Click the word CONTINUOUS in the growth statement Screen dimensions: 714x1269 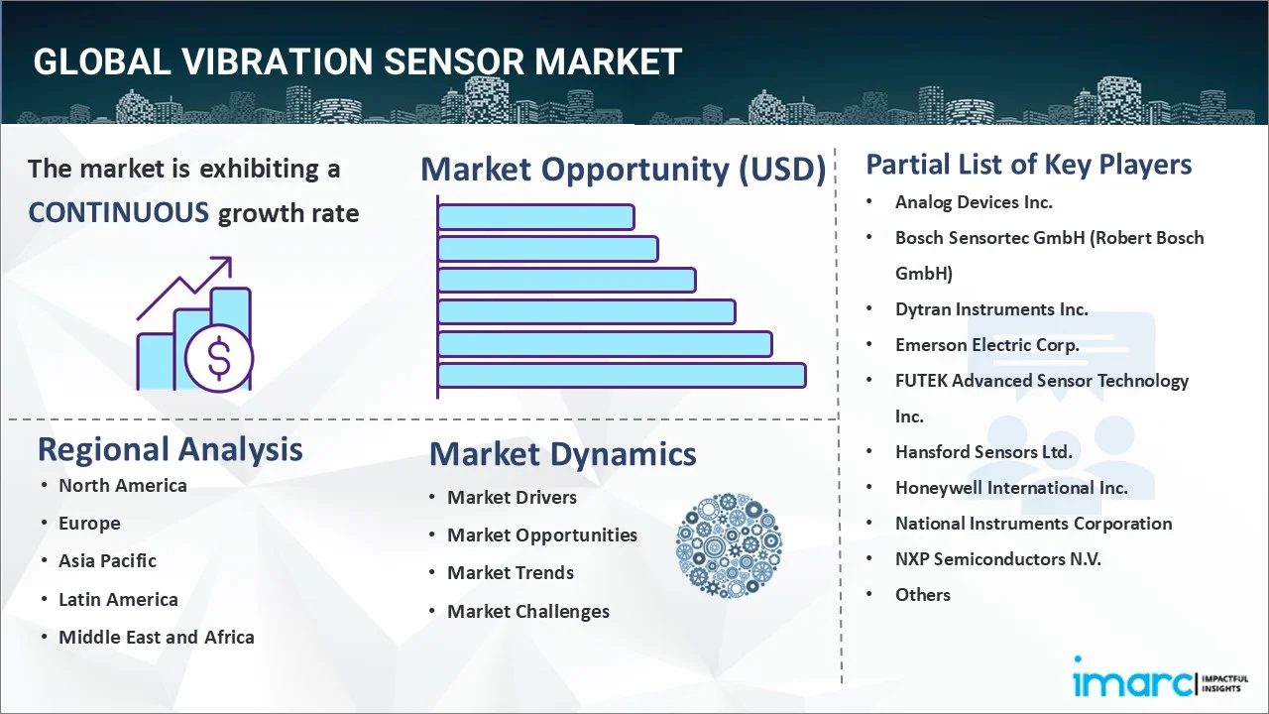click(x=118, y=212)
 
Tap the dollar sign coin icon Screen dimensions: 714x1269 click(x=219, y=359)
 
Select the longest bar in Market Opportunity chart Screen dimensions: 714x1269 click(x=621, y=375)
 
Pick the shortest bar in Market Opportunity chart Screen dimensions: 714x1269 click(x=535, y=216)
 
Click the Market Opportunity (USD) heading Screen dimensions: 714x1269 click(x=623, y=170)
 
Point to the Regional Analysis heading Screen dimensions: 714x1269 click(x=170, y=449)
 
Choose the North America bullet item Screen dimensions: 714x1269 click(x=122, y=485)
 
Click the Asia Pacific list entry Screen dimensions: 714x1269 click(x=107, y=560)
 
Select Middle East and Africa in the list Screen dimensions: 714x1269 click(x=156, y=637)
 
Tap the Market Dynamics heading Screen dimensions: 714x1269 click(x=562, y=454)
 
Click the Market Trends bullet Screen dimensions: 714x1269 click(x=510, y=572)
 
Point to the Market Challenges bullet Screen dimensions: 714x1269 click(x=527, y=611)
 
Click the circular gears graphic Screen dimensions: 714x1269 click(x=729, y=545)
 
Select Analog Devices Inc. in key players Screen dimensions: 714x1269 click(x=974, y=202)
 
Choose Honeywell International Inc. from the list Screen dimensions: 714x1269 click(x=1011, y=487)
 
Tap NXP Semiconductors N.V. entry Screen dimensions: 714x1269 click(x=997, y=558)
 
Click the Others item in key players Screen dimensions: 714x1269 click(x=922, y=594)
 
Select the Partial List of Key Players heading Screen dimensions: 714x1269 click(x=1028, y=164)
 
